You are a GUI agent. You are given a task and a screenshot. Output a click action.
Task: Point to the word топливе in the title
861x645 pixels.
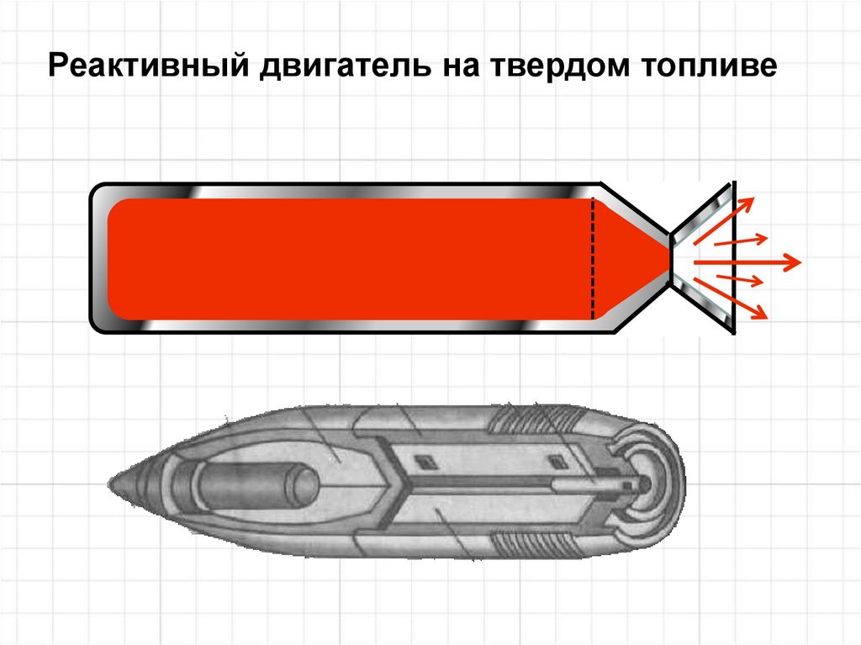point(711,66)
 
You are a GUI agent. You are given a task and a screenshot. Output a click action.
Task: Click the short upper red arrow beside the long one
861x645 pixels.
point(741,241)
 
